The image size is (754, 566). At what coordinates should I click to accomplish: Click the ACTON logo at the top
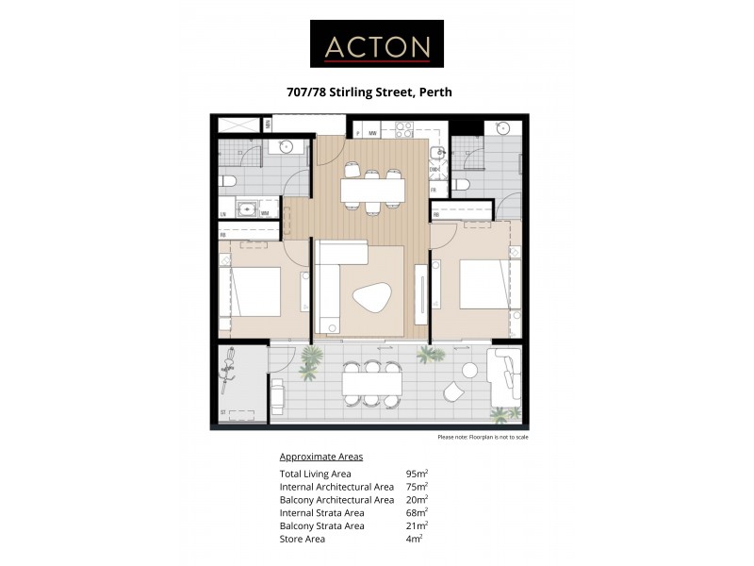pyautogui.click(x=377, y=45)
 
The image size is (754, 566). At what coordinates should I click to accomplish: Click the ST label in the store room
pyautogui.click(x=223, y=412)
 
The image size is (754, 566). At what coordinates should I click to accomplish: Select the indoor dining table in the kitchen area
pyautogui.click(x=372, y=191)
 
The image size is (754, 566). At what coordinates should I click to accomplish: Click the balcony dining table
pyautogui.click(x=372, y=384)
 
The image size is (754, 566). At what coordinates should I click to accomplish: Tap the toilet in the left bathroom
pyautogui.click(x=228, y=181)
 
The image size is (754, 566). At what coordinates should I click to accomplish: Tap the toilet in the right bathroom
pyautogui.click(x=461, y=184)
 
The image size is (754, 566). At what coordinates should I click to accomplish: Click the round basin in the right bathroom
pyautogui.click(x=504, y=129)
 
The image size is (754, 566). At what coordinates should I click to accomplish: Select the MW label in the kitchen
pyautogui.click(x=373, y=133)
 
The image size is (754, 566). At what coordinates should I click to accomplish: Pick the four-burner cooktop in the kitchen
pyautogui.click(x=403, y=129)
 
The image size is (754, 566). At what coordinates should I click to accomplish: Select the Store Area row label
pyautogui.click(x=303, y=539)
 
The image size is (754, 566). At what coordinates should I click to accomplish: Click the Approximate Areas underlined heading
pyautogui.click(x=321, y=457)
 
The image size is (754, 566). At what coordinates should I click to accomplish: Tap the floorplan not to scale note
pyautogui.click(x=483, y=438)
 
